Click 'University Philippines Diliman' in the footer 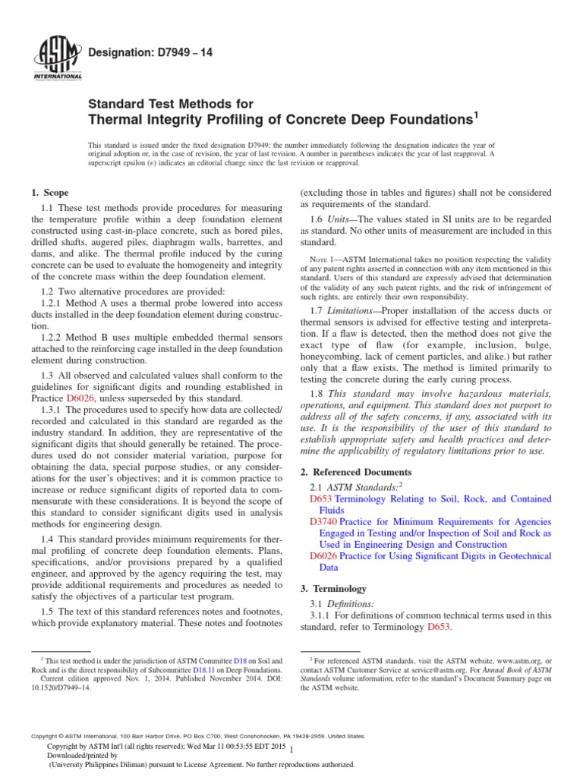tap(103, 765)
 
